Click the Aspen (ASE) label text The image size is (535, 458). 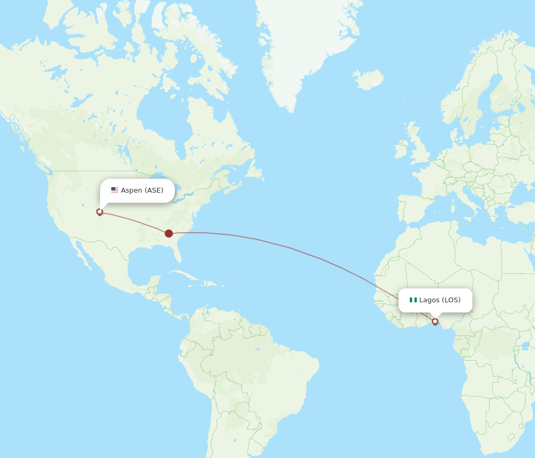(x=142, y=190)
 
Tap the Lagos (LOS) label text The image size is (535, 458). (x=440, y=300)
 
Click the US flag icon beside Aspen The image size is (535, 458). (x=114, y=190)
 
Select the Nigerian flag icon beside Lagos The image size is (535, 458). (x=413, y=300)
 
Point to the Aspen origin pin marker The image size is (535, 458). (x=100, y=212)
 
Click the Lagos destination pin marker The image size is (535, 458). (x=435, y=322)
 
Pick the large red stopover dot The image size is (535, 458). (x=169, y=233)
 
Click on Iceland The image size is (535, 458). (x=368, y=80)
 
